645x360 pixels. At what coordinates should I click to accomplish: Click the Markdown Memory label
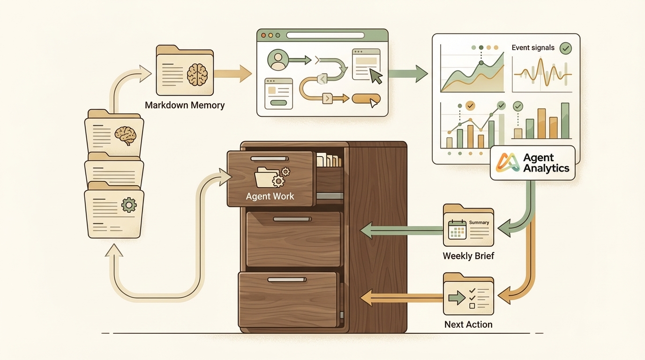coord(185,105)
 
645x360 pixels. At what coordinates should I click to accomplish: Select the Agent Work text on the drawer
coord(270,196)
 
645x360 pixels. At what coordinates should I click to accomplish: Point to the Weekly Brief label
coord(468,256)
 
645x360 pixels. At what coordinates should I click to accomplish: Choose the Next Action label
coord(468,324)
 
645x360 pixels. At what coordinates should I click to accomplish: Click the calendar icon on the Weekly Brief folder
coord(457,229)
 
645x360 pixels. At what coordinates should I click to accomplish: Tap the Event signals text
coord(533,47)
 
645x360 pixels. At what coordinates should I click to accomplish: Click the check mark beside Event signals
coord(566,47)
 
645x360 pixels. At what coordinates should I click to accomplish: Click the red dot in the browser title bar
coord(263,35)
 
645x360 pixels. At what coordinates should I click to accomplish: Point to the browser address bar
coord(325,35)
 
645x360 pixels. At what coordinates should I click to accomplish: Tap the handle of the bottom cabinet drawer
coord(287,280)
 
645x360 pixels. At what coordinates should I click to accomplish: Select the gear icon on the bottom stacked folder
coord(128,205)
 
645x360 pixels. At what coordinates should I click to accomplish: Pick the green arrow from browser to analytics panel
coord(408,74)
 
